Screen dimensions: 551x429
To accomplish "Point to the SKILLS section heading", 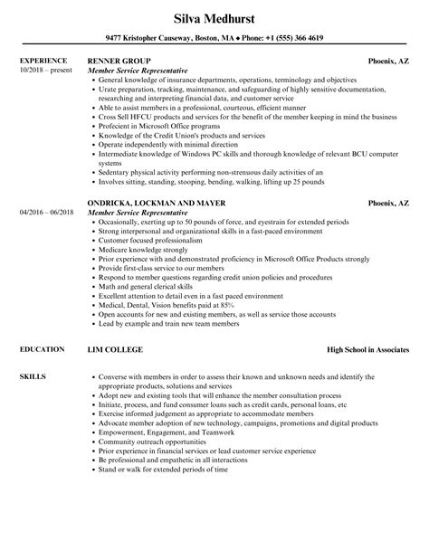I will click(32, 375).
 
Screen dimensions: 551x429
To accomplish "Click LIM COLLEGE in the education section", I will click(116, 349).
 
